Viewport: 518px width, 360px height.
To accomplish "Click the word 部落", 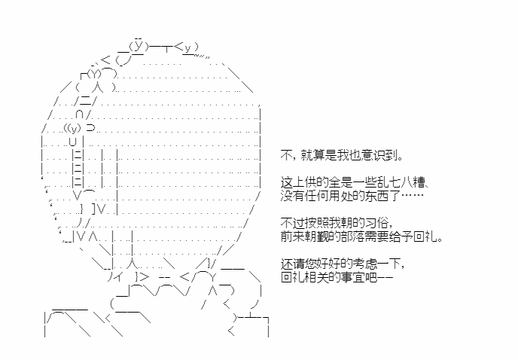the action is point(353,236).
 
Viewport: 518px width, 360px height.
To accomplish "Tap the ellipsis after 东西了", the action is point(413,195).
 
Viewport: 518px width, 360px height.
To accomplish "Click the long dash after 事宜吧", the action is point(385,277).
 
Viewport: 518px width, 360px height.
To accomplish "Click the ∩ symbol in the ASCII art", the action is point(79,114).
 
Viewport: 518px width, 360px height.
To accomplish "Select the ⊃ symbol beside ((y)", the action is point(90,127).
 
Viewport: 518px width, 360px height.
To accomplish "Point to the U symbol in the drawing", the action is point(73,142).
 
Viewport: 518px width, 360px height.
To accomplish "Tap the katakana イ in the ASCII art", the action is point(118,277).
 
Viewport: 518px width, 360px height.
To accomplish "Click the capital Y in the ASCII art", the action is point(213,277).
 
